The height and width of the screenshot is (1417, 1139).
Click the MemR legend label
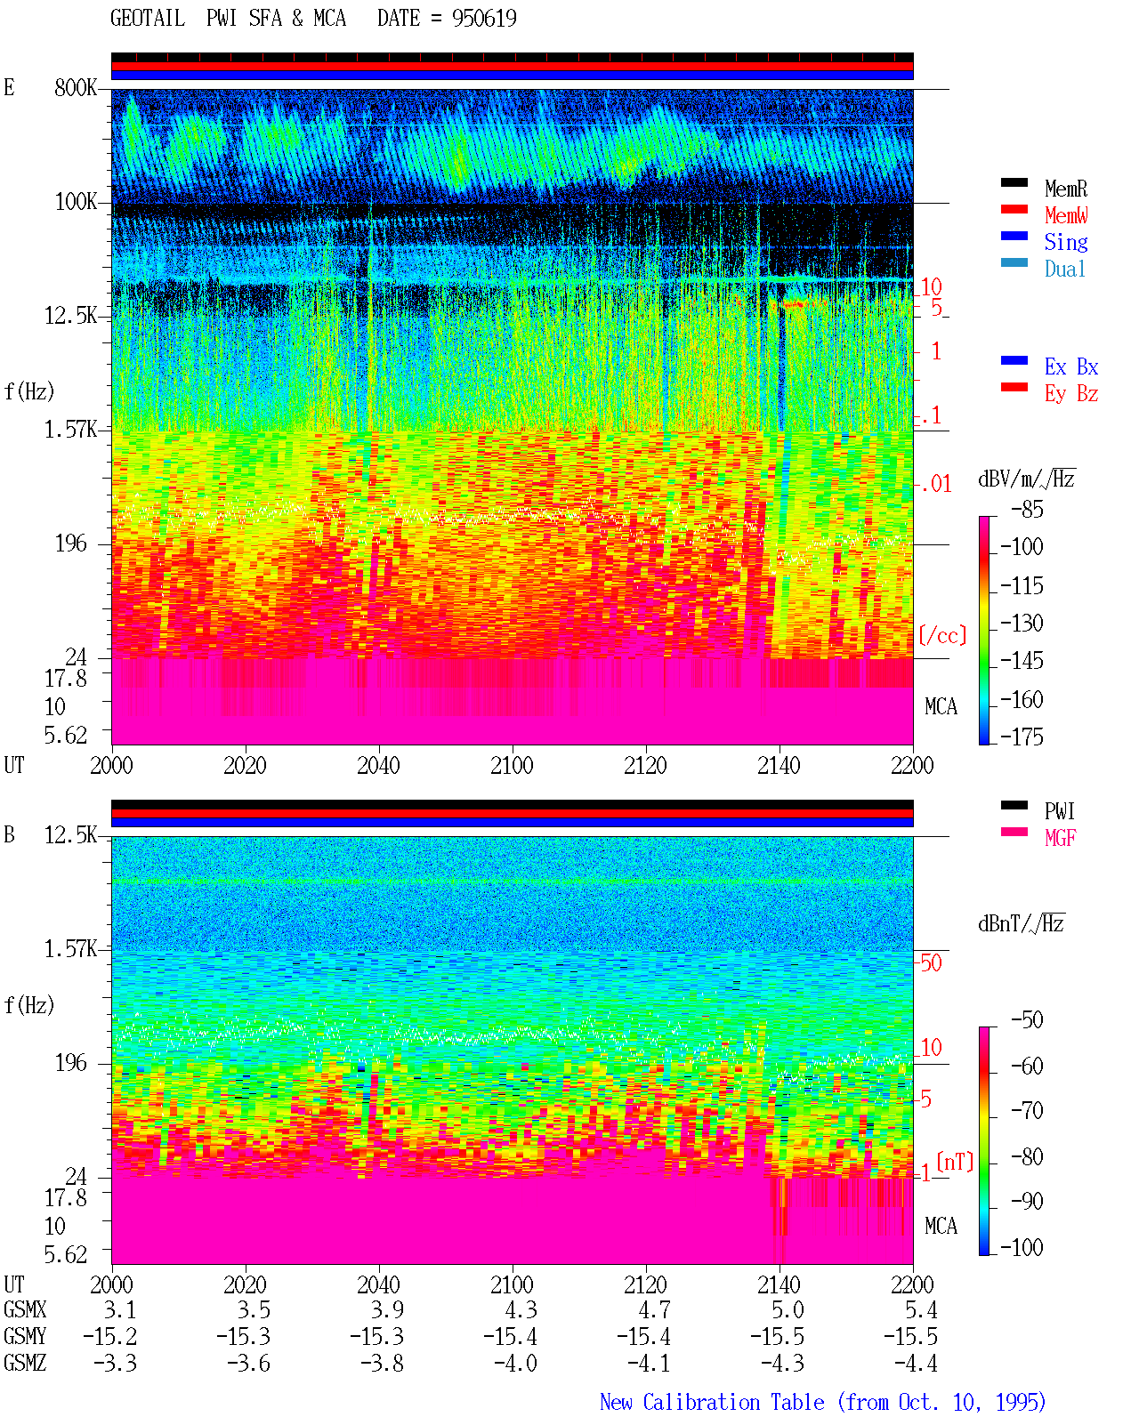[x=1065, y=189]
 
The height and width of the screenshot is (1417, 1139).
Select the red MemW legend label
[x=1065, y=215]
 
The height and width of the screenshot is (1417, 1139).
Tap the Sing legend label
[x=1065, y=242]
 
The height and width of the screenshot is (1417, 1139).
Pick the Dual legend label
[x=1064, y=269]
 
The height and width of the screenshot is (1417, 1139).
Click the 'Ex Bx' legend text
[x=1070, y=366]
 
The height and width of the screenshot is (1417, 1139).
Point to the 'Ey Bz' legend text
[x=1070, y=394]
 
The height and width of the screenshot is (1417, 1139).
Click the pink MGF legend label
[x=1060, y=838]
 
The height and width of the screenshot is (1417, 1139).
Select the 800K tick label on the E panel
[x=76, y=87]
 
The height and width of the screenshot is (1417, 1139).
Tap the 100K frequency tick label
[x=76, y=202]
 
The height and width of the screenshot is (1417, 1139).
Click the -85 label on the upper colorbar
[x=1026, y=509]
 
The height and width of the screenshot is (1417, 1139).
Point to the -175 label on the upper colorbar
[x=1021, y=737]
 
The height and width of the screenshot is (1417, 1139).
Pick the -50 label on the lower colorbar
[x=1026, y=1020]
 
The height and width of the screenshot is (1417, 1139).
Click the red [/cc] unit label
[x=942, y=635]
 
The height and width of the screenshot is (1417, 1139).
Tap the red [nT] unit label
[x=955, y=1161]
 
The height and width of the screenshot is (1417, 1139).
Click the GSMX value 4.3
[x=521, y=1309]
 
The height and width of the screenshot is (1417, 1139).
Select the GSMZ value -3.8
[x=382, y=1363]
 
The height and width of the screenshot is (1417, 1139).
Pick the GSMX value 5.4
[x=921, y=1309]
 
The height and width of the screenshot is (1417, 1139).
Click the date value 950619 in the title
[x=484, y=19]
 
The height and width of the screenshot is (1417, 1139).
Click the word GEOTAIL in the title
[x=148, y=19]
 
